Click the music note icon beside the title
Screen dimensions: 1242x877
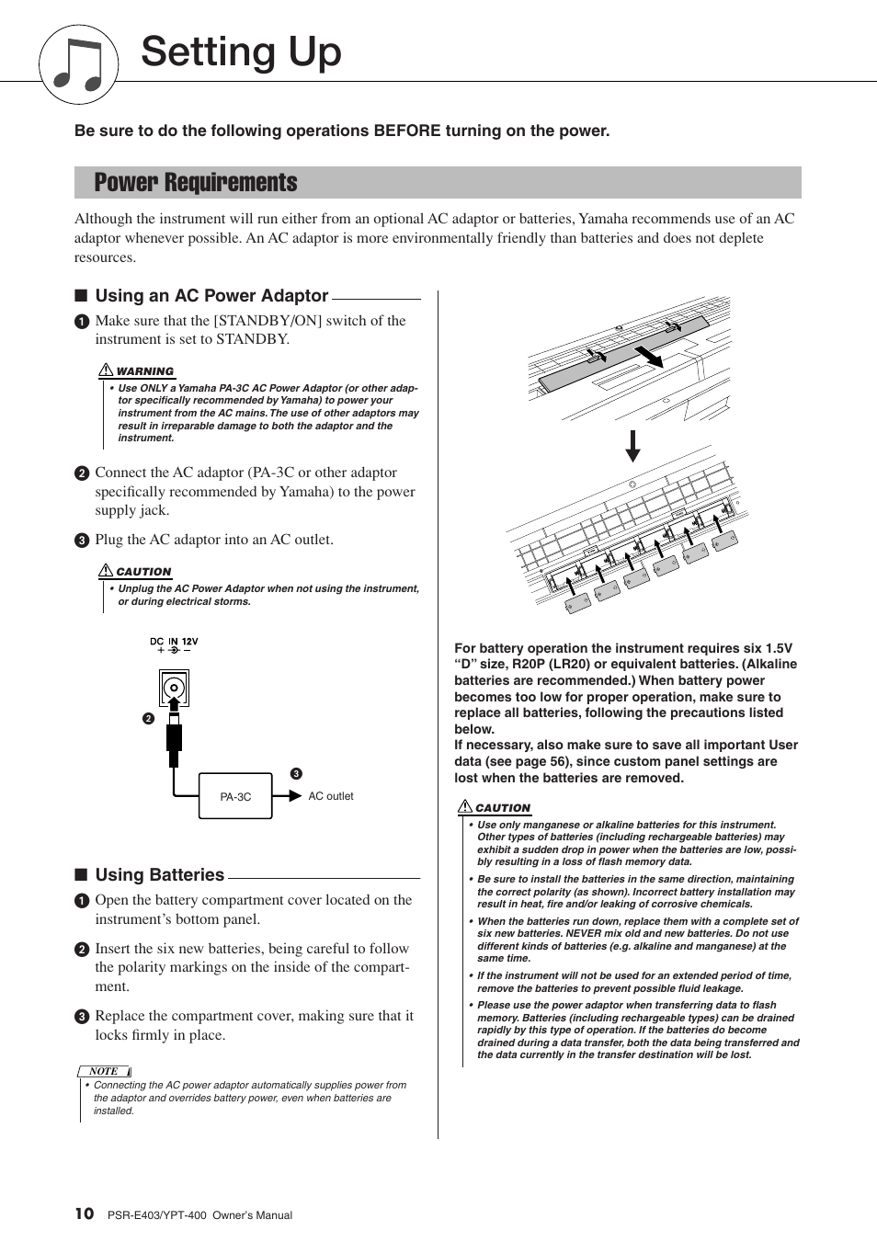(78, 64)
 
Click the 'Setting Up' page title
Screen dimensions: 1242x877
(241, 51)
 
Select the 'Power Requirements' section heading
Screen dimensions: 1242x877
(196, 183)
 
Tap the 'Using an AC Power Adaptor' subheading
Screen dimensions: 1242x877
(211, 296)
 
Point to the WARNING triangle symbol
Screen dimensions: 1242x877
(106, 370)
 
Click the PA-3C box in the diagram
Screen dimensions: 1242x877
(235, 796)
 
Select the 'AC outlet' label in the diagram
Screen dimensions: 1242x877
(330, 796)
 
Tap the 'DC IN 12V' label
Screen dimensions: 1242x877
(174, 642)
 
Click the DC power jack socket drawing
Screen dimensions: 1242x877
(174, 688)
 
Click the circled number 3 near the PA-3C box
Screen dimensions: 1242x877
(296, 774)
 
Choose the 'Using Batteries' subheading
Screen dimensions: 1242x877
(160, 875)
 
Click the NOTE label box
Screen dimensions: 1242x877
(104, 1071)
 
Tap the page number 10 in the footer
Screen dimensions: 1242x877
(84, 1214)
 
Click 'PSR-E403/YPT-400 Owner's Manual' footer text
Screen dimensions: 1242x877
(199, 1215)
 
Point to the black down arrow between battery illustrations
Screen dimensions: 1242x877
(632, 446)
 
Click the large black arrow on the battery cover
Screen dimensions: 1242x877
(649, 356)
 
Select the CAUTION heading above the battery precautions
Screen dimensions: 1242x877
(502, 808)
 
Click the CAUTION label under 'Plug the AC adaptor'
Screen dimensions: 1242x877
(143, 572)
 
